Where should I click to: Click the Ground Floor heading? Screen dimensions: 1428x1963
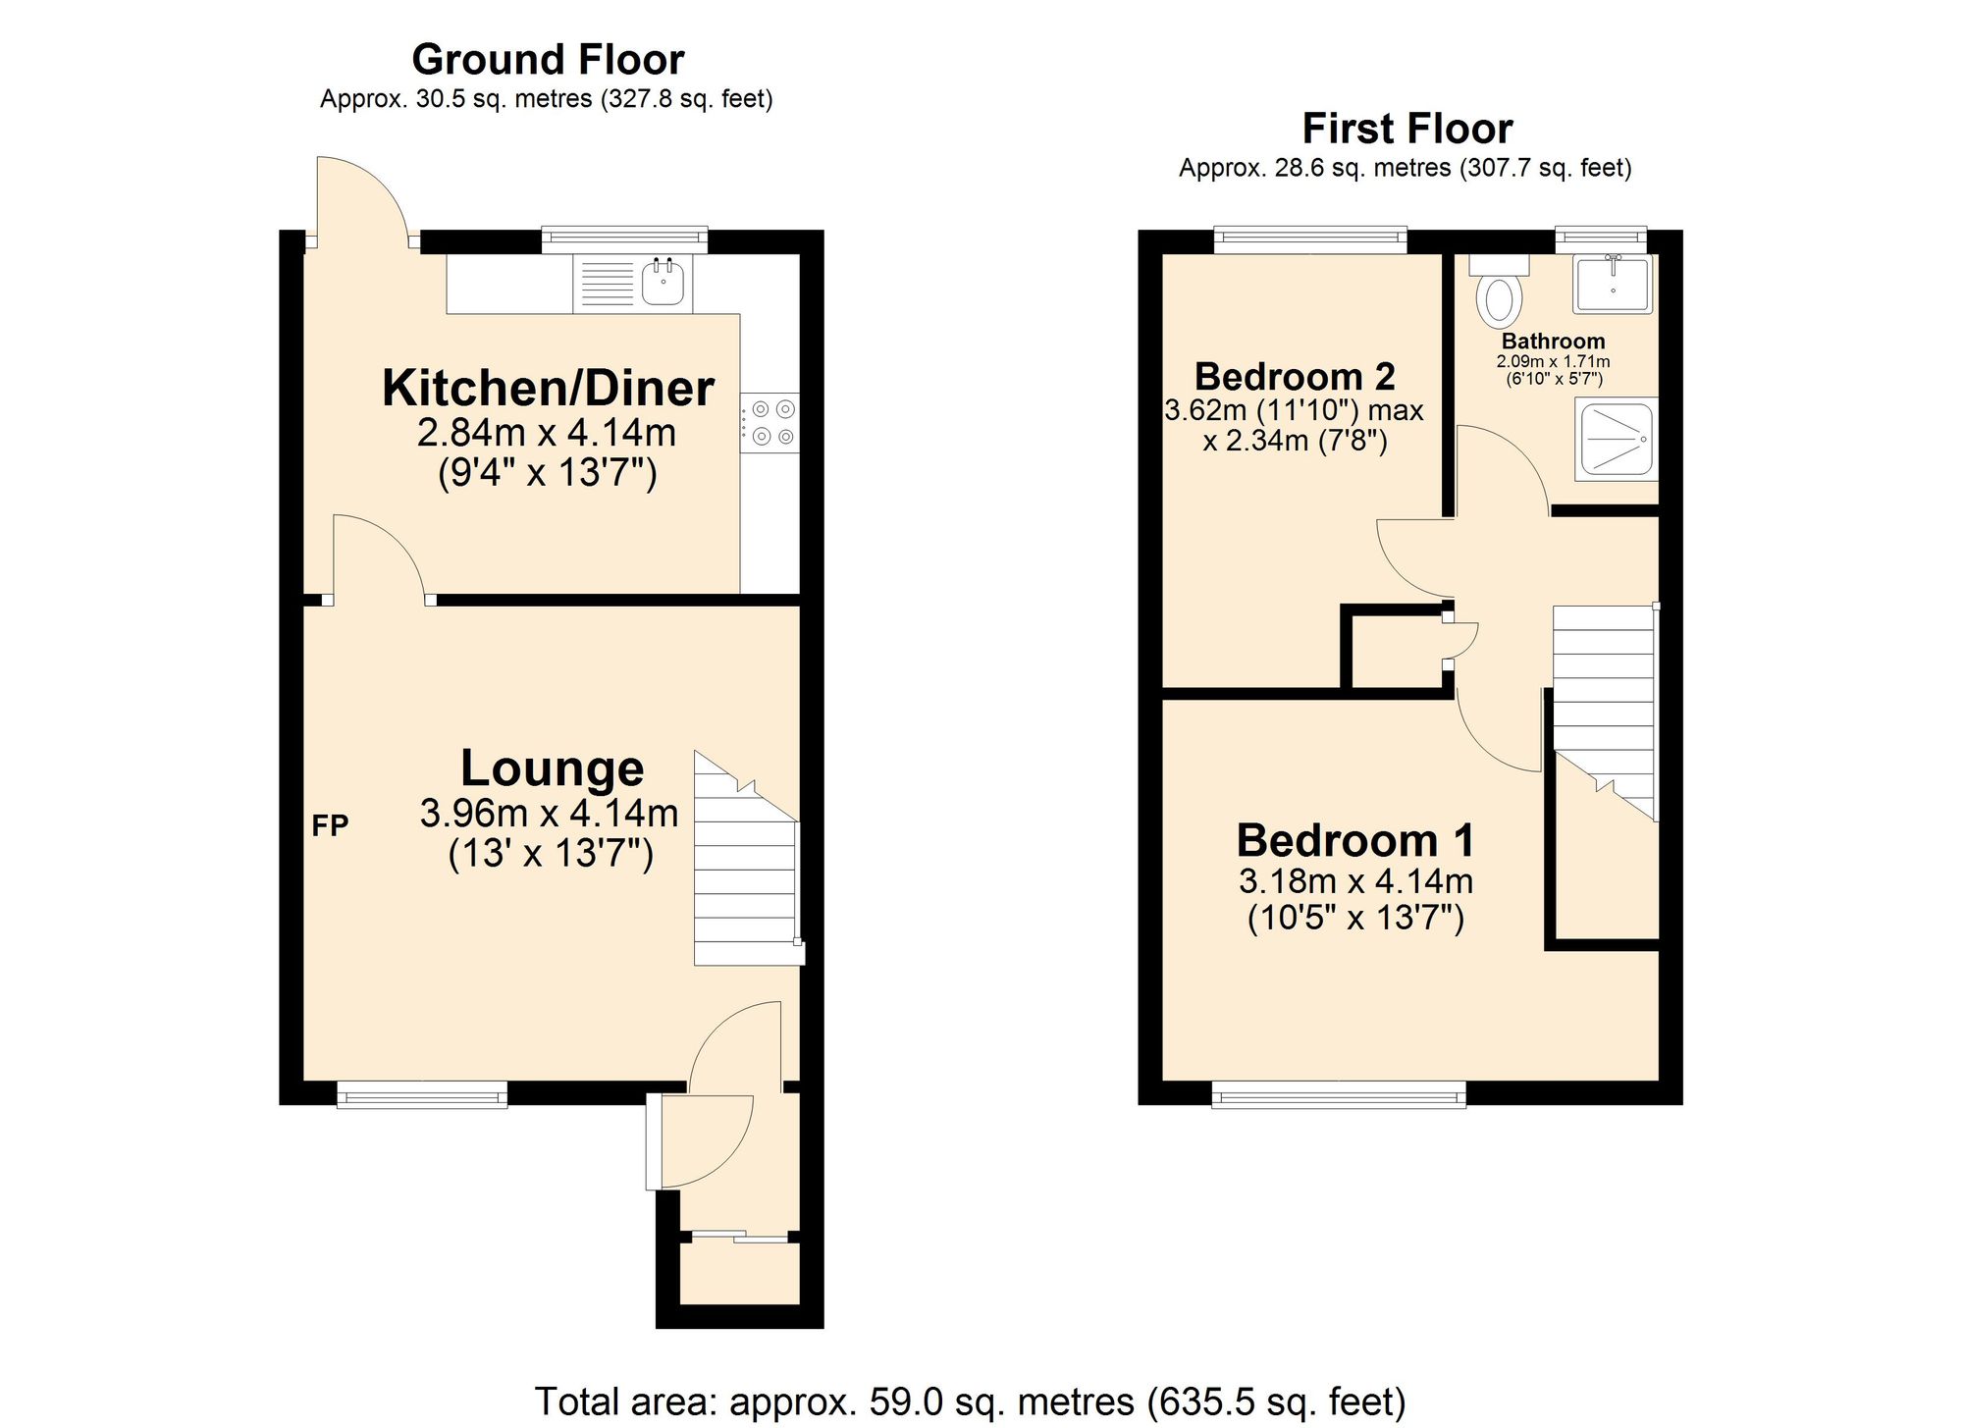548,60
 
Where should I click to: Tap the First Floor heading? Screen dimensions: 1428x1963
1406,129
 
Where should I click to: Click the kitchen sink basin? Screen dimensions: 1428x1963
663,283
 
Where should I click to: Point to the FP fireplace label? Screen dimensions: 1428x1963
330,826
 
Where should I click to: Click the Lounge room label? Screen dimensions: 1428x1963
552,768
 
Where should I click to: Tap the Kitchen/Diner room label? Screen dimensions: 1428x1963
548,389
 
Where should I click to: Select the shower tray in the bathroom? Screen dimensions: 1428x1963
1616,439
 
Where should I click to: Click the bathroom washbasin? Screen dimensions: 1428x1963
1613,284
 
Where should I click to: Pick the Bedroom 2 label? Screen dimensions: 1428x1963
1295,377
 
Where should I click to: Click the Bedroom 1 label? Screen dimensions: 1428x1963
1354,841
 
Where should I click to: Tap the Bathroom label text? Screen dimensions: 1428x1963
1553,342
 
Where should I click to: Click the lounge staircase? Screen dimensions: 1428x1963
745,873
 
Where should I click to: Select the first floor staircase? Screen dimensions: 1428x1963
1604,707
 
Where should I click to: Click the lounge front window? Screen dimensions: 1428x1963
422,1094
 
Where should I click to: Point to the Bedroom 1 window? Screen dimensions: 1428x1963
1339,1094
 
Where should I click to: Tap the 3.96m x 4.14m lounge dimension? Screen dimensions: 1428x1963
549,814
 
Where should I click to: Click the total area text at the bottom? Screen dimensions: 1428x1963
970,1402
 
